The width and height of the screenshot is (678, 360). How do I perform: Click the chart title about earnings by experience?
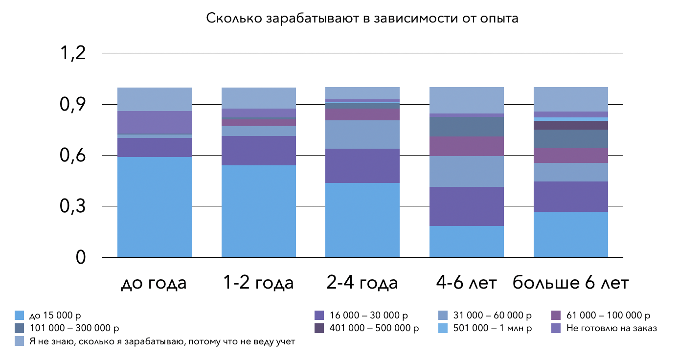(x=362, y=19)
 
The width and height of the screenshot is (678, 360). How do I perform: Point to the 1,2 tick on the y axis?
(x=72, y=53)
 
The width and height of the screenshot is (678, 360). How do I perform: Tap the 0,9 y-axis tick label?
(x=72, y=104)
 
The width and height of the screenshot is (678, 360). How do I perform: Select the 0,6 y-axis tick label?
(x=72, y=156)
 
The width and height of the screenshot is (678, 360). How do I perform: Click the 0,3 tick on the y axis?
(x=72, y=206)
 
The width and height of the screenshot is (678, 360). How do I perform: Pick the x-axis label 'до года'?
(x=154, y=283)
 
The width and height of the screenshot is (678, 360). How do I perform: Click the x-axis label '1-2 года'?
(x=258, y=283)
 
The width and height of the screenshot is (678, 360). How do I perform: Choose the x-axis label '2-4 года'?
(x=362, y=283)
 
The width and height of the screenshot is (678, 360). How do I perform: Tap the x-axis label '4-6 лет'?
(x=466, y=283)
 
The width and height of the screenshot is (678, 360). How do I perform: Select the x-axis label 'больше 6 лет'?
(x=570, y=283)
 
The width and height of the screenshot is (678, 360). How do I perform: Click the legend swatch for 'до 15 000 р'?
(x=20, y=315)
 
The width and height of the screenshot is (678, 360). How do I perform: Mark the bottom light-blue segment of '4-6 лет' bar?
(x=466, y=241)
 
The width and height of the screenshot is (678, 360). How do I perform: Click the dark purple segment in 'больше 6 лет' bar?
(x=570, y=125)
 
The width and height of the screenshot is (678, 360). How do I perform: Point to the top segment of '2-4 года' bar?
(x=362, y=93)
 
